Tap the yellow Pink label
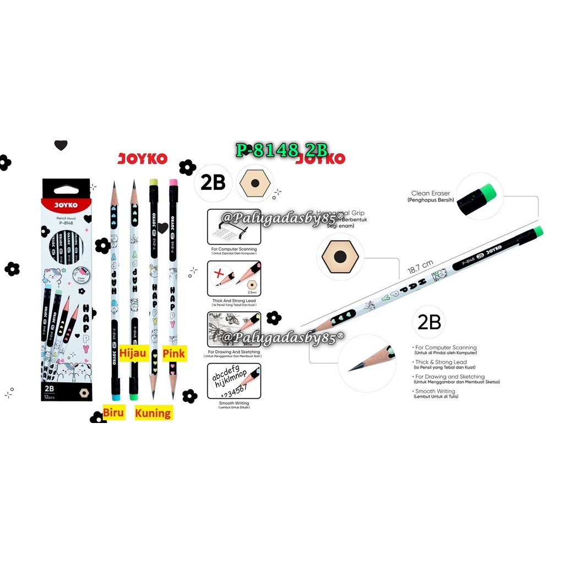click(x=174, y=352)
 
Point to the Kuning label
click(x=153, y=413)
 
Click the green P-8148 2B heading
click(x=281, y=150)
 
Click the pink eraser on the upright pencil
click(x=172, y=182)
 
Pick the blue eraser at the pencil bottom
click(x=116, y=396)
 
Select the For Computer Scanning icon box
click(x=234, y=227)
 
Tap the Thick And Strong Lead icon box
click(x=234, y=279)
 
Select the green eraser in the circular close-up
click(x=487, y=192)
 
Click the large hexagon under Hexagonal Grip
click(x=340, y=257)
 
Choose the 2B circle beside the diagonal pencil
click(x=429, y=322)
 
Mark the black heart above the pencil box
click(x=61, y=145)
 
